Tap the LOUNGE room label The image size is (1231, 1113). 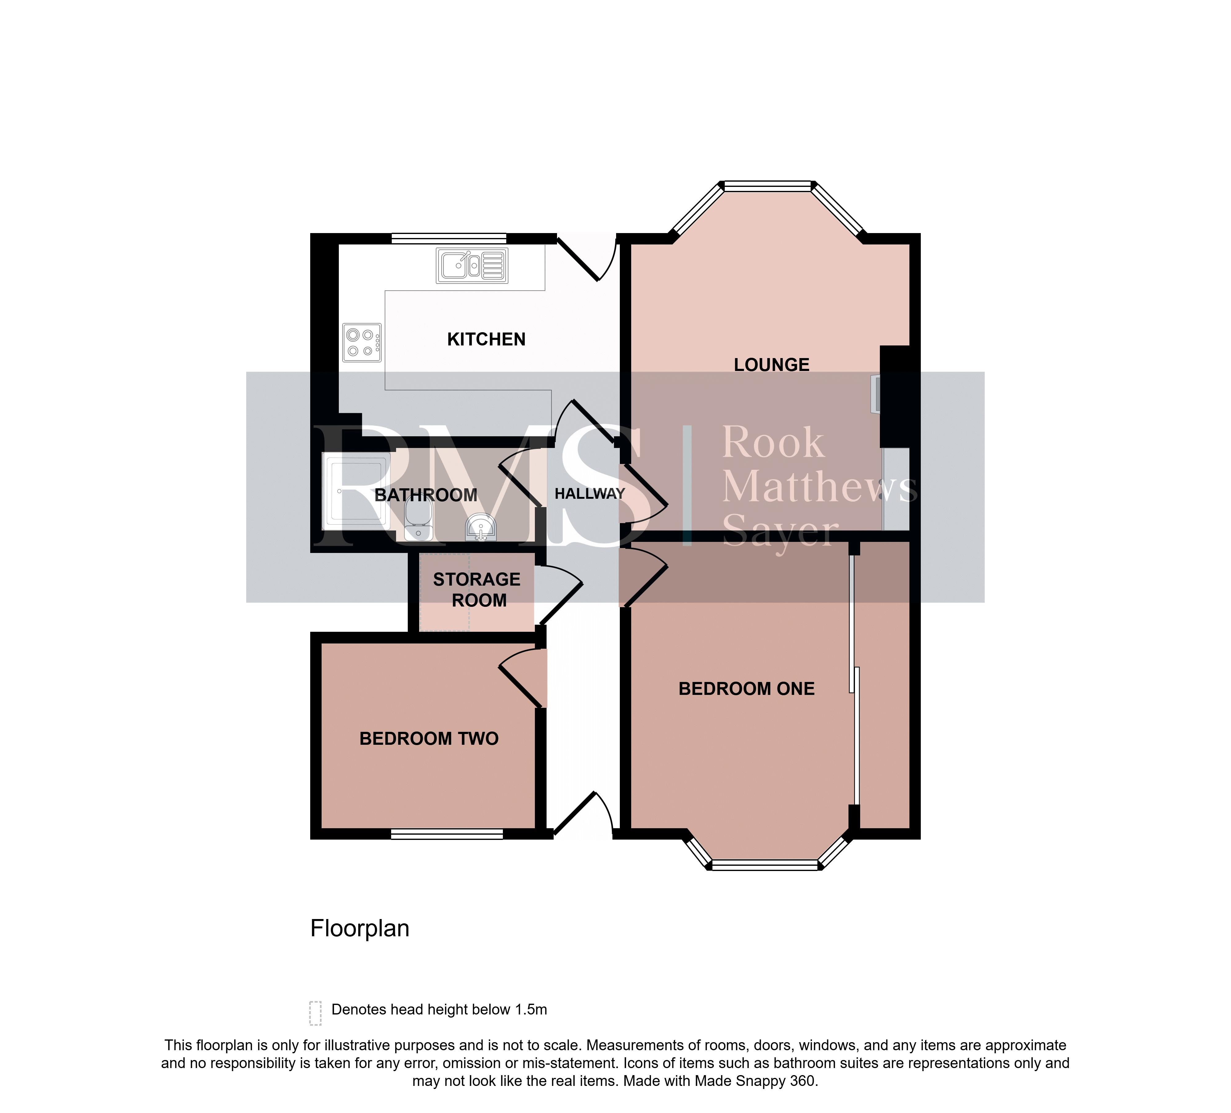coord(771,365)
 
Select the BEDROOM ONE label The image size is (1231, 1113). coord(746,689)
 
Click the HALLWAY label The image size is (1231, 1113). coord(589,494)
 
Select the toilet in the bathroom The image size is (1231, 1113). coord(418,521)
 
